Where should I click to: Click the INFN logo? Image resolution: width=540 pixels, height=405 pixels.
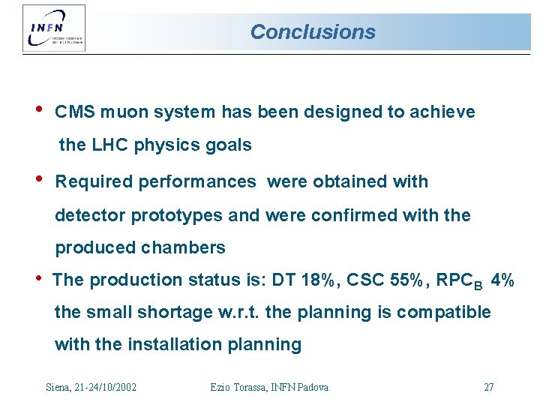point(54,28)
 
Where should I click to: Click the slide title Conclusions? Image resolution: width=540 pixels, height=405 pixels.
point(312,32)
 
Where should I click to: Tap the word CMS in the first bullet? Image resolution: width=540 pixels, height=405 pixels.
point(73,112)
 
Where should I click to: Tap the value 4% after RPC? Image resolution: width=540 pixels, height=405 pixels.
point(501,280)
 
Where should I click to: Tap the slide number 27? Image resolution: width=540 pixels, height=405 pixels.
point(489,387)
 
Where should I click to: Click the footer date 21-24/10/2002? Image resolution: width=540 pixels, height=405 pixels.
point(103,387)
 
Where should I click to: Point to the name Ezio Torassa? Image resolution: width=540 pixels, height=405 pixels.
point(238,387)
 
